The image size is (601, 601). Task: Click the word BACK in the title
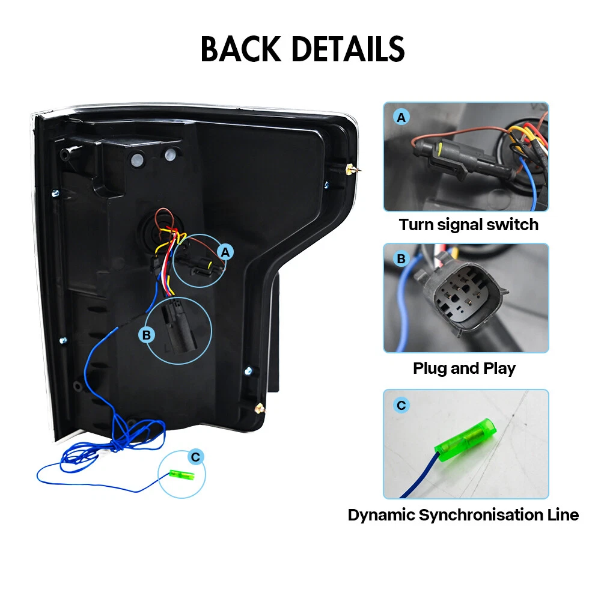(x=240, y=49)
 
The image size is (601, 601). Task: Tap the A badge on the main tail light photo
(x=225, y=252)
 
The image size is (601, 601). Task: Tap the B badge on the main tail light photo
(x=146, y=335)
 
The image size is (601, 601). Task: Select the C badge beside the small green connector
(x=195, y=458)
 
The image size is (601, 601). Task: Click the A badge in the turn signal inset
(x=401, y=118)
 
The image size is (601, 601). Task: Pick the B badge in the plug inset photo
(x=401, y=259)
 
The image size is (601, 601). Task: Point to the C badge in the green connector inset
(x=401, y=406)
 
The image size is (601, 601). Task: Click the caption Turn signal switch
(x=468, y=225)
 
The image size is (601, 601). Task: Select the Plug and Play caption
(x=464, y=368)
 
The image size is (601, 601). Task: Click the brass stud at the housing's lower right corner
(x=258, y=408)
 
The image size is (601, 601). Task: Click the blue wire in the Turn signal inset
(x=532, y=180)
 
